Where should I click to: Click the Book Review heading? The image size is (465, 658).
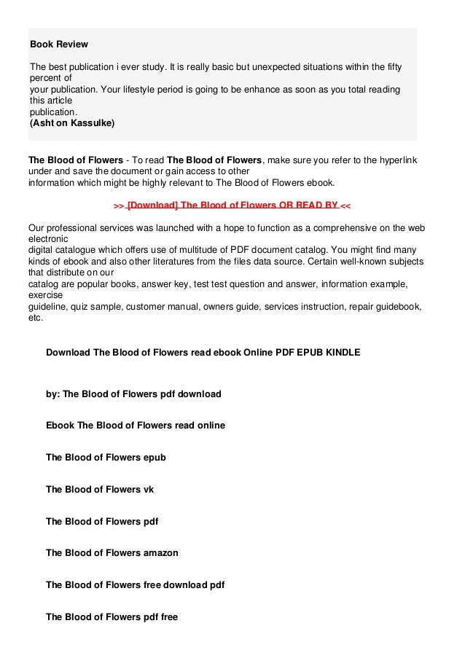click(58, 44)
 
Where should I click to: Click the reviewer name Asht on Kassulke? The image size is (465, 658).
click(72, 123)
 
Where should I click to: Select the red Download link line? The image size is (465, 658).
click(232, 205)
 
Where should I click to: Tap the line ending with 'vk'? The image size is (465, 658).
click(100, 490)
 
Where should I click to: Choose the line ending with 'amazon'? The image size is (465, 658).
click(112, 553)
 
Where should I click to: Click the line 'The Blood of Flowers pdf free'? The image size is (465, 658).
click(112, 616)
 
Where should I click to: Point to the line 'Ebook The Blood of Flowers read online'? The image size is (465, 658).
click(136, 426)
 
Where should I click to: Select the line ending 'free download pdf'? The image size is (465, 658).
click(135, 584)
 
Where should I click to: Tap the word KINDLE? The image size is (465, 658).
click(343, 352)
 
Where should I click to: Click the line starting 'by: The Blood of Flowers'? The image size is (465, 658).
click(133, 394)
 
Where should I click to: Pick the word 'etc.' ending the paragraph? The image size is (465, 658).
click(36, 318)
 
